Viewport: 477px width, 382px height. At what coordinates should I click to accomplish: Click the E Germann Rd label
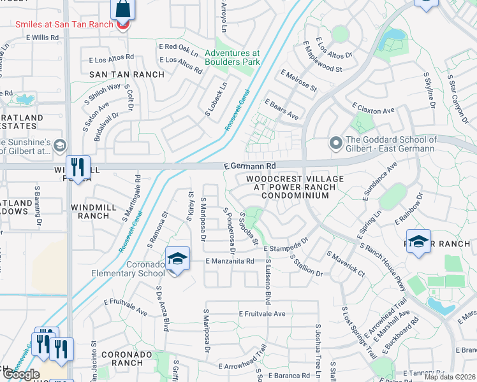pos(250,165)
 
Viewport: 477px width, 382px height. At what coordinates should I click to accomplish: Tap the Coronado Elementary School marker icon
pos(178,258)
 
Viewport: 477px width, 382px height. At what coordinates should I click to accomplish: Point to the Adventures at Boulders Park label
pos(232,58)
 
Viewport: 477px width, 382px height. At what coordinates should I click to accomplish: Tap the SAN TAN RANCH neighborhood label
pos(126,74)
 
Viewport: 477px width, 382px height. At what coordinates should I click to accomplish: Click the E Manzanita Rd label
pos(230,261)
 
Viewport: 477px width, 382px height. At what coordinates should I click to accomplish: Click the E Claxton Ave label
pos(372,110)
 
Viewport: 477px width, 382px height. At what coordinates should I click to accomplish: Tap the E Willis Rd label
pos(42,38)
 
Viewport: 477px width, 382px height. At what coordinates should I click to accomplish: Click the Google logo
pos(21,374)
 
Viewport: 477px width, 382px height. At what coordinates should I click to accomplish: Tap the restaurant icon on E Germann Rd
pos(78,167)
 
